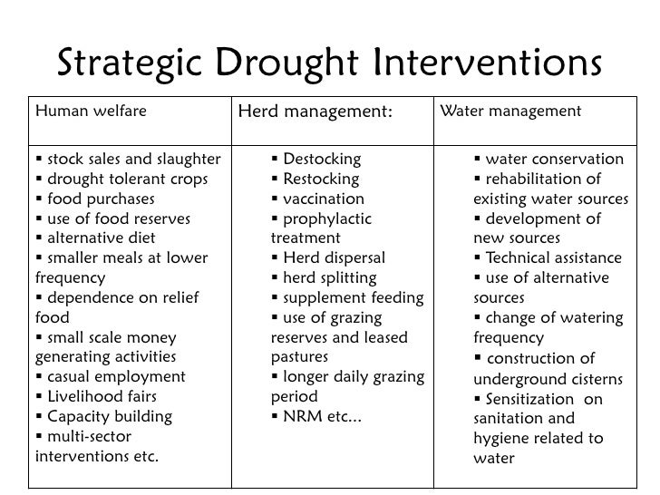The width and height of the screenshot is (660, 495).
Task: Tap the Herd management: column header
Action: [x=315, y=112]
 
